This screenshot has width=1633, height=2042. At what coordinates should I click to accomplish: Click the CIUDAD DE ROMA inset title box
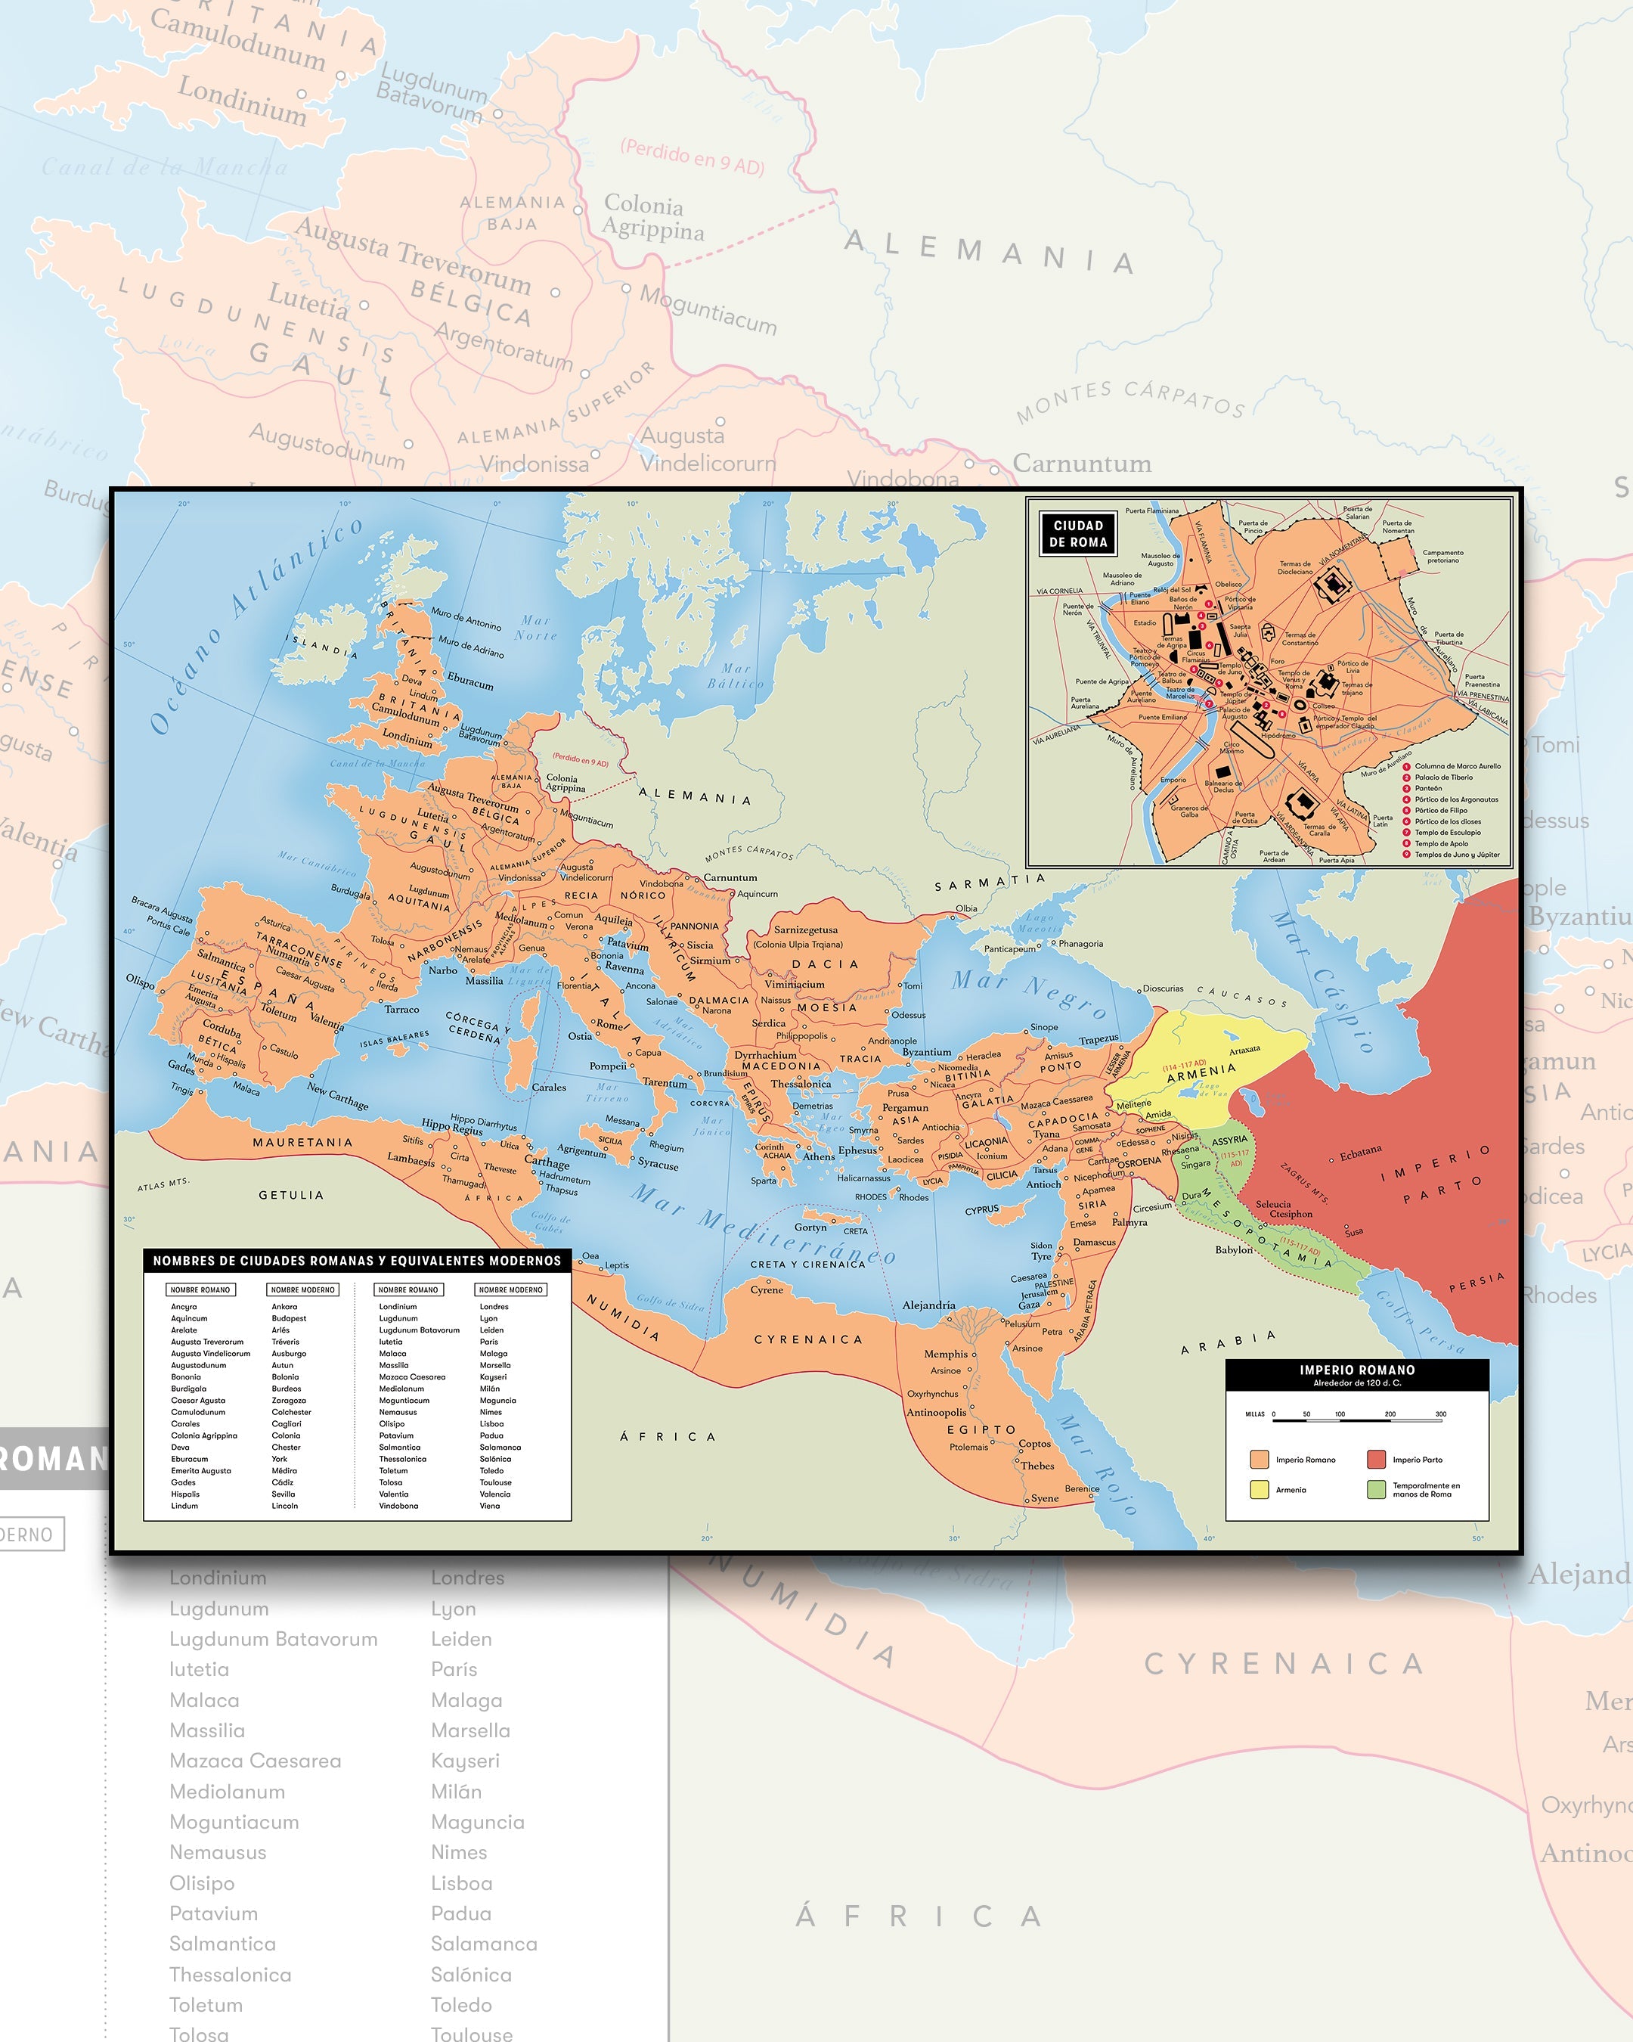(1077, 534)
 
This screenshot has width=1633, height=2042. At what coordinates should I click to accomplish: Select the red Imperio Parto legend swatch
(1375, 1459)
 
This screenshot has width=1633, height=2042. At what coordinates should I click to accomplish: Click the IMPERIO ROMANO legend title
(1356, 1370)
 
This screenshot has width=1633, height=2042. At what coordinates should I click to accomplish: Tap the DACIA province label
(825, 964)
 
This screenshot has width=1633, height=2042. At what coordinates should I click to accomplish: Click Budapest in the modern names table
(289, 1318)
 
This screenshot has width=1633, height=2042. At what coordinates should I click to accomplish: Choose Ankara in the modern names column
(284, 1306)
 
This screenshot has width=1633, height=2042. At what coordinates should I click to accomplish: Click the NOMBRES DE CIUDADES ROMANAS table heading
(357, 1261)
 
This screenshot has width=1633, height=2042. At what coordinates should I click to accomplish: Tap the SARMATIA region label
(990, 882)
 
